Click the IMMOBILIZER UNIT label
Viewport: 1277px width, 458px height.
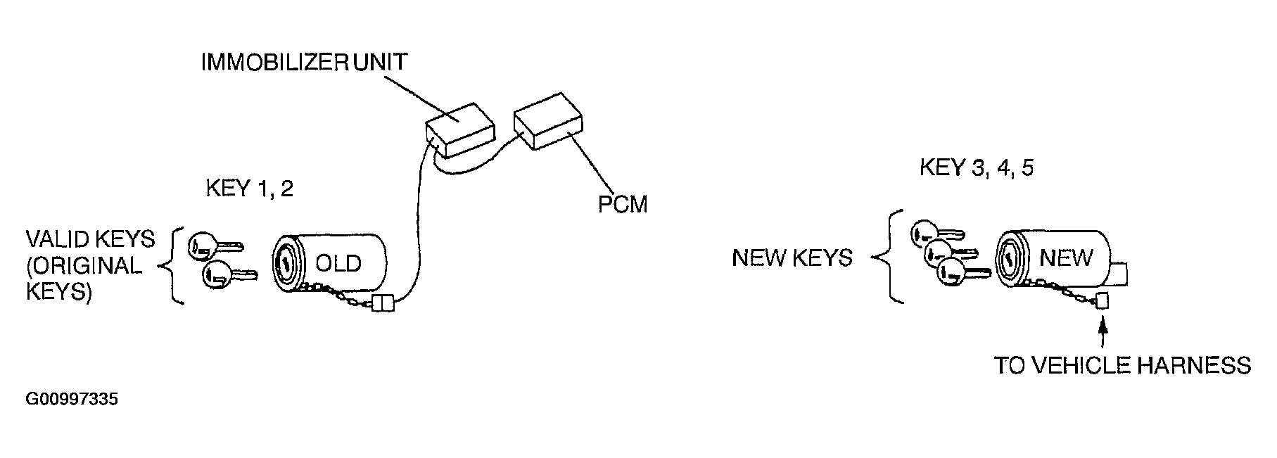[304, 63]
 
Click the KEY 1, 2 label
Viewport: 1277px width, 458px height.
[249, 189]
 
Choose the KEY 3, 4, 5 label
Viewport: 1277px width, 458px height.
[977, 169]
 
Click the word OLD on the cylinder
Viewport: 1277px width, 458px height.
[338, 263]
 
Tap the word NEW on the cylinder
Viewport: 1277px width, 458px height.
[1065, 258]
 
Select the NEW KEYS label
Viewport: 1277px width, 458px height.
[792, 258]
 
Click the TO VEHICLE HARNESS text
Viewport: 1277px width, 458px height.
[1122, 366]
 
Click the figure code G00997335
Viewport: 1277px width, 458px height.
[71, 400]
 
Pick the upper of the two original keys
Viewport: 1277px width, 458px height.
[214, 246]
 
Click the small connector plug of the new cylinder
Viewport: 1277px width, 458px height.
[1102, 301]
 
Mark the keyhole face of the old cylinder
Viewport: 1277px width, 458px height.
[286, 264]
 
